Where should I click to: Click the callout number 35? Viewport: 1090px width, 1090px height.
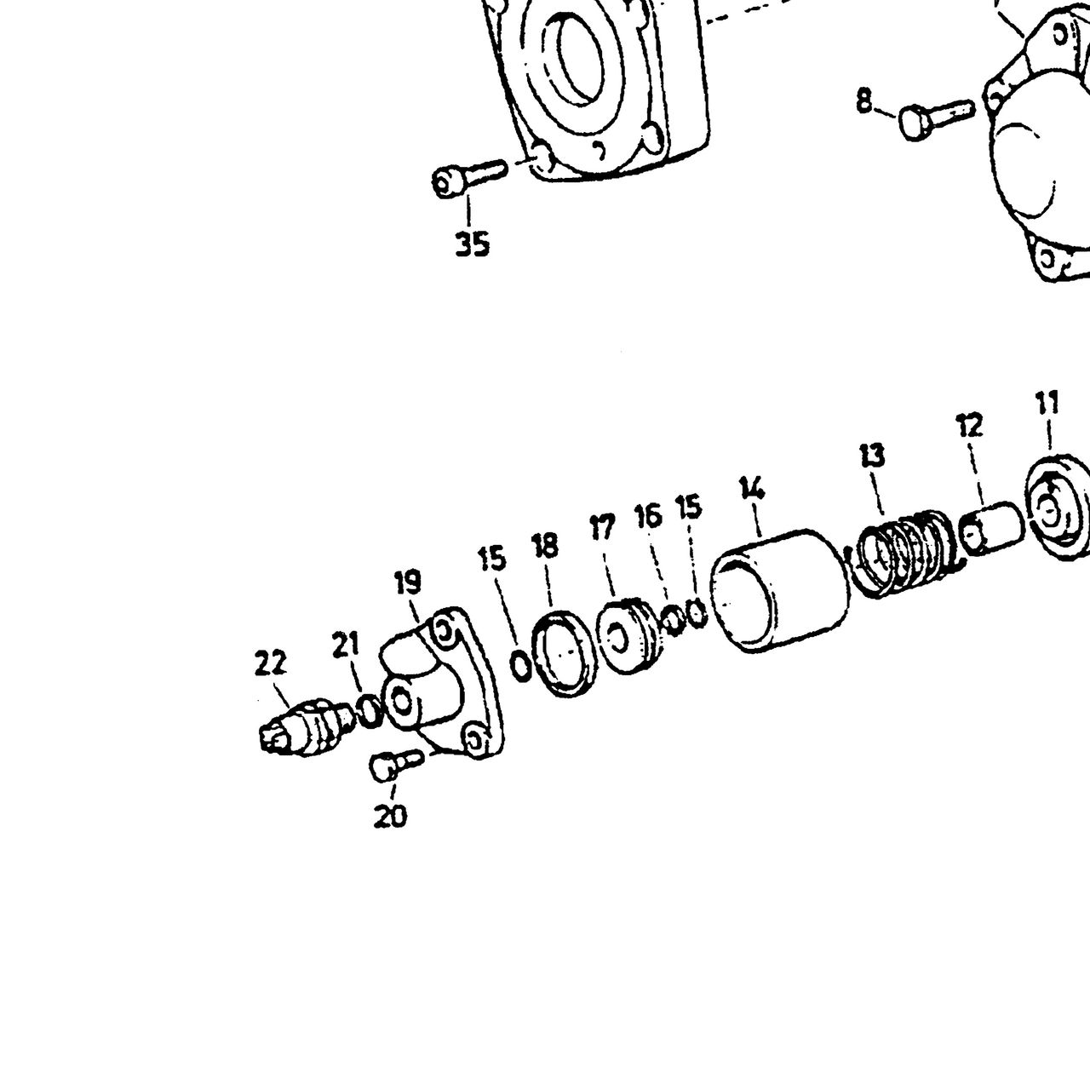473,244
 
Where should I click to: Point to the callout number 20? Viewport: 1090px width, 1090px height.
390,816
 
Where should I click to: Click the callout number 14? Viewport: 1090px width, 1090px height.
752,488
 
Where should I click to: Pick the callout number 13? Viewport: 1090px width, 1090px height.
871,456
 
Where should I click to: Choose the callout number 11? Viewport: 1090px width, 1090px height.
1047,404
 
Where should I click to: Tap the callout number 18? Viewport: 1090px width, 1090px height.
545,546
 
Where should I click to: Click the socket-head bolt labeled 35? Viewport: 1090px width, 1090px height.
468,178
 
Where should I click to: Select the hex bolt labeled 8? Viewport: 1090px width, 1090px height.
936,118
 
